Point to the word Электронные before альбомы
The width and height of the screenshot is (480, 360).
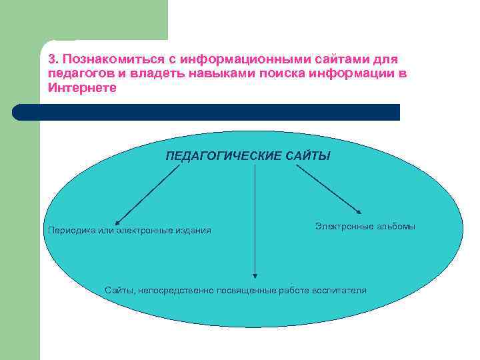(x=343, y=227)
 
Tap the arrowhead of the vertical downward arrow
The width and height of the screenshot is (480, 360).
(x=255, y=273)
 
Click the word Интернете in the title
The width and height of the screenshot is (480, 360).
(x=82, y=87)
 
